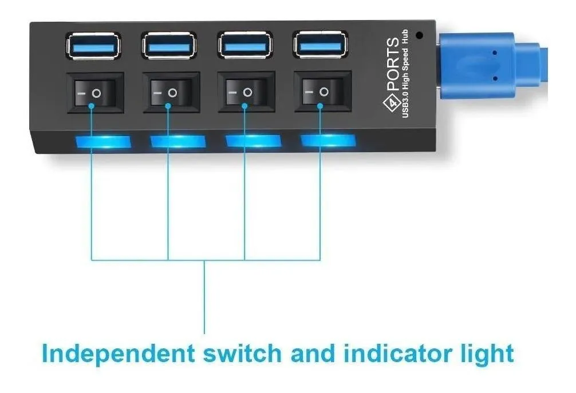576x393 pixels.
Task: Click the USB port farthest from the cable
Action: (93, 46)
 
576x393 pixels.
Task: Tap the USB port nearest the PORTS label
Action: (320, 45)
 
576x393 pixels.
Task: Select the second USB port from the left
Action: (169, 46)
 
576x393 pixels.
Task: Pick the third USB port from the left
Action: (244, 45)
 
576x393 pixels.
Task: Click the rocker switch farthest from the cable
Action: (95, 93)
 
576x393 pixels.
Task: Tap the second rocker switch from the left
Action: (171, 92)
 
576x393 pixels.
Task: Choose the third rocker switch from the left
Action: (246, 92)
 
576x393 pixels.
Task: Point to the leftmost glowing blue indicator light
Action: (103, 142)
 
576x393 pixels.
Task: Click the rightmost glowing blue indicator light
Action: (328, 140)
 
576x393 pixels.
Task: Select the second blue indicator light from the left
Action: (178, 141)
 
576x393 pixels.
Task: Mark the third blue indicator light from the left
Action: (253, 141)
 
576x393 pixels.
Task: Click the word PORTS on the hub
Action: (393, 64)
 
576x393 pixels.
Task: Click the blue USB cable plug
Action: (492, 66)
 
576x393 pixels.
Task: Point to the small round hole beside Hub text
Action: (419, 35)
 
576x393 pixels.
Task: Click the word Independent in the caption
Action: (119, 354)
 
